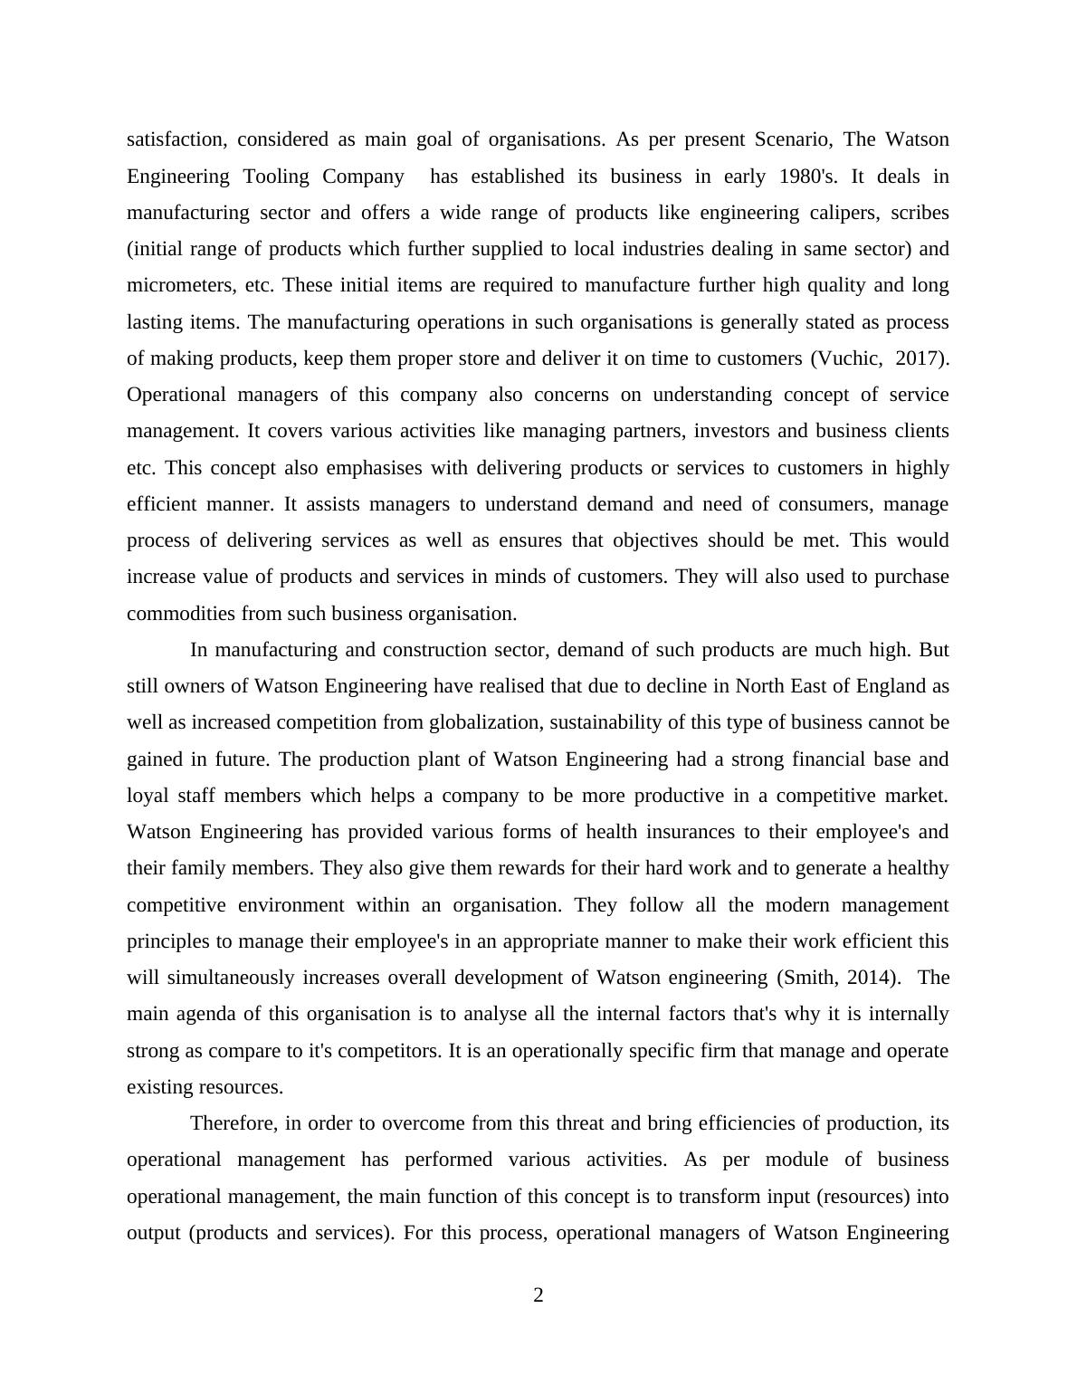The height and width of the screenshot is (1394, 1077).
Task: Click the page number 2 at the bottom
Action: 538,1296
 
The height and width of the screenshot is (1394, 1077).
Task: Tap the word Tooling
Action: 277,177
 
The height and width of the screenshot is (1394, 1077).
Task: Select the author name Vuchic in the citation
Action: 848,358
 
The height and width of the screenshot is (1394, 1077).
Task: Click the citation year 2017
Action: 920,358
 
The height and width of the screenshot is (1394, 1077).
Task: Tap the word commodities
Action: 181,614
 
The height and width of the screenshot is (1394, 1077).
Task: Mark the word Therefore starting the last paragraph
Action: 234,1123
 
